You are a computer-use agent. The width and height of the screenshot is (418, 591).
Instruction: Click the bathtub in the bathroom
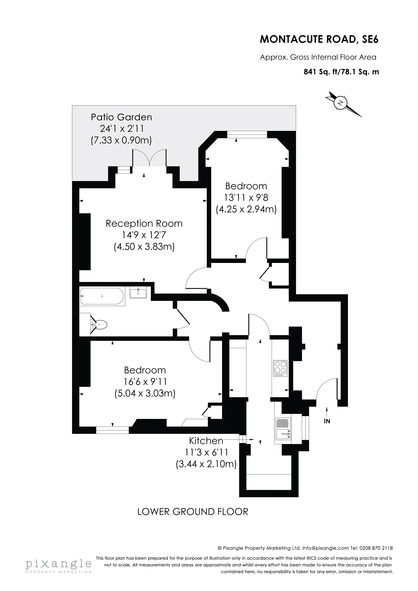(x=102, y=296)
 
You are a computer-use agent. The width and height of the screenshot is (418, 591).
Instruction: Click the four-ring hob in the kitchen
(x=280, y=367)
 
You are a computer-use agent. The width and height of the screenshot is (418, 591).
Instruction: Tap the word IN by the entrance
(x=327, y=421)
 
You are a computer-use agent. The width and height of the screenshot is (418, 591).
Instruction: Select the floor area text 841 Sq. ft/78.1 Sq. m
(x=341, y=72)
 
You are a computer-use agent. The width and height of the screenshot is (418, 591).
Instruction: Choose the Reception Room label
(x=144, y=223)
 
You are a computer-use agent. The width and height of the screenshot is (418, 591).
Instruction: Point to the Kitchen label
(x=206, y=441)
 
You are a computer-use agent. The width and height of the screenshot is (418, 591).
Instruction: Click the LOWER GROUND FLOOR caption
(x=193, y=512)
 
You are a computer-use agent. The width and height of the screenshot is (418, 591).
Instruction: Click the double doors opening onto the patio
(x=149, y=158)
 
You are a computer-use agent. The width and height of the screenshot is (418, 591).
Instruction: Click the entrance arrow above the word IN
(x=327, y=411)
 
